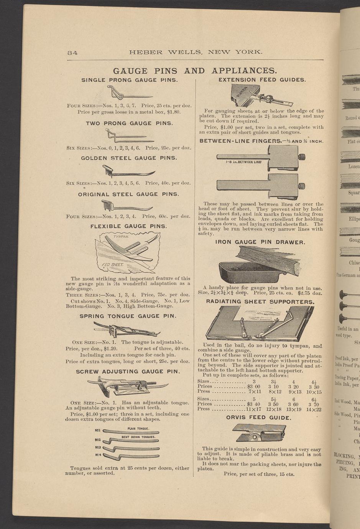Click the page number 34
pos(72,53)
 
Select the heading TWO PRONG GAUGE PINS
pos(129,124)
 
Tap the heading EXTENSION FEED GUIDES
pos(262,80)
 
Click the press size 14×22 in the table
pos(314,409)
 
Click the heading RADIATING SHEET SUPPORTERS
pos(260,302)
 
